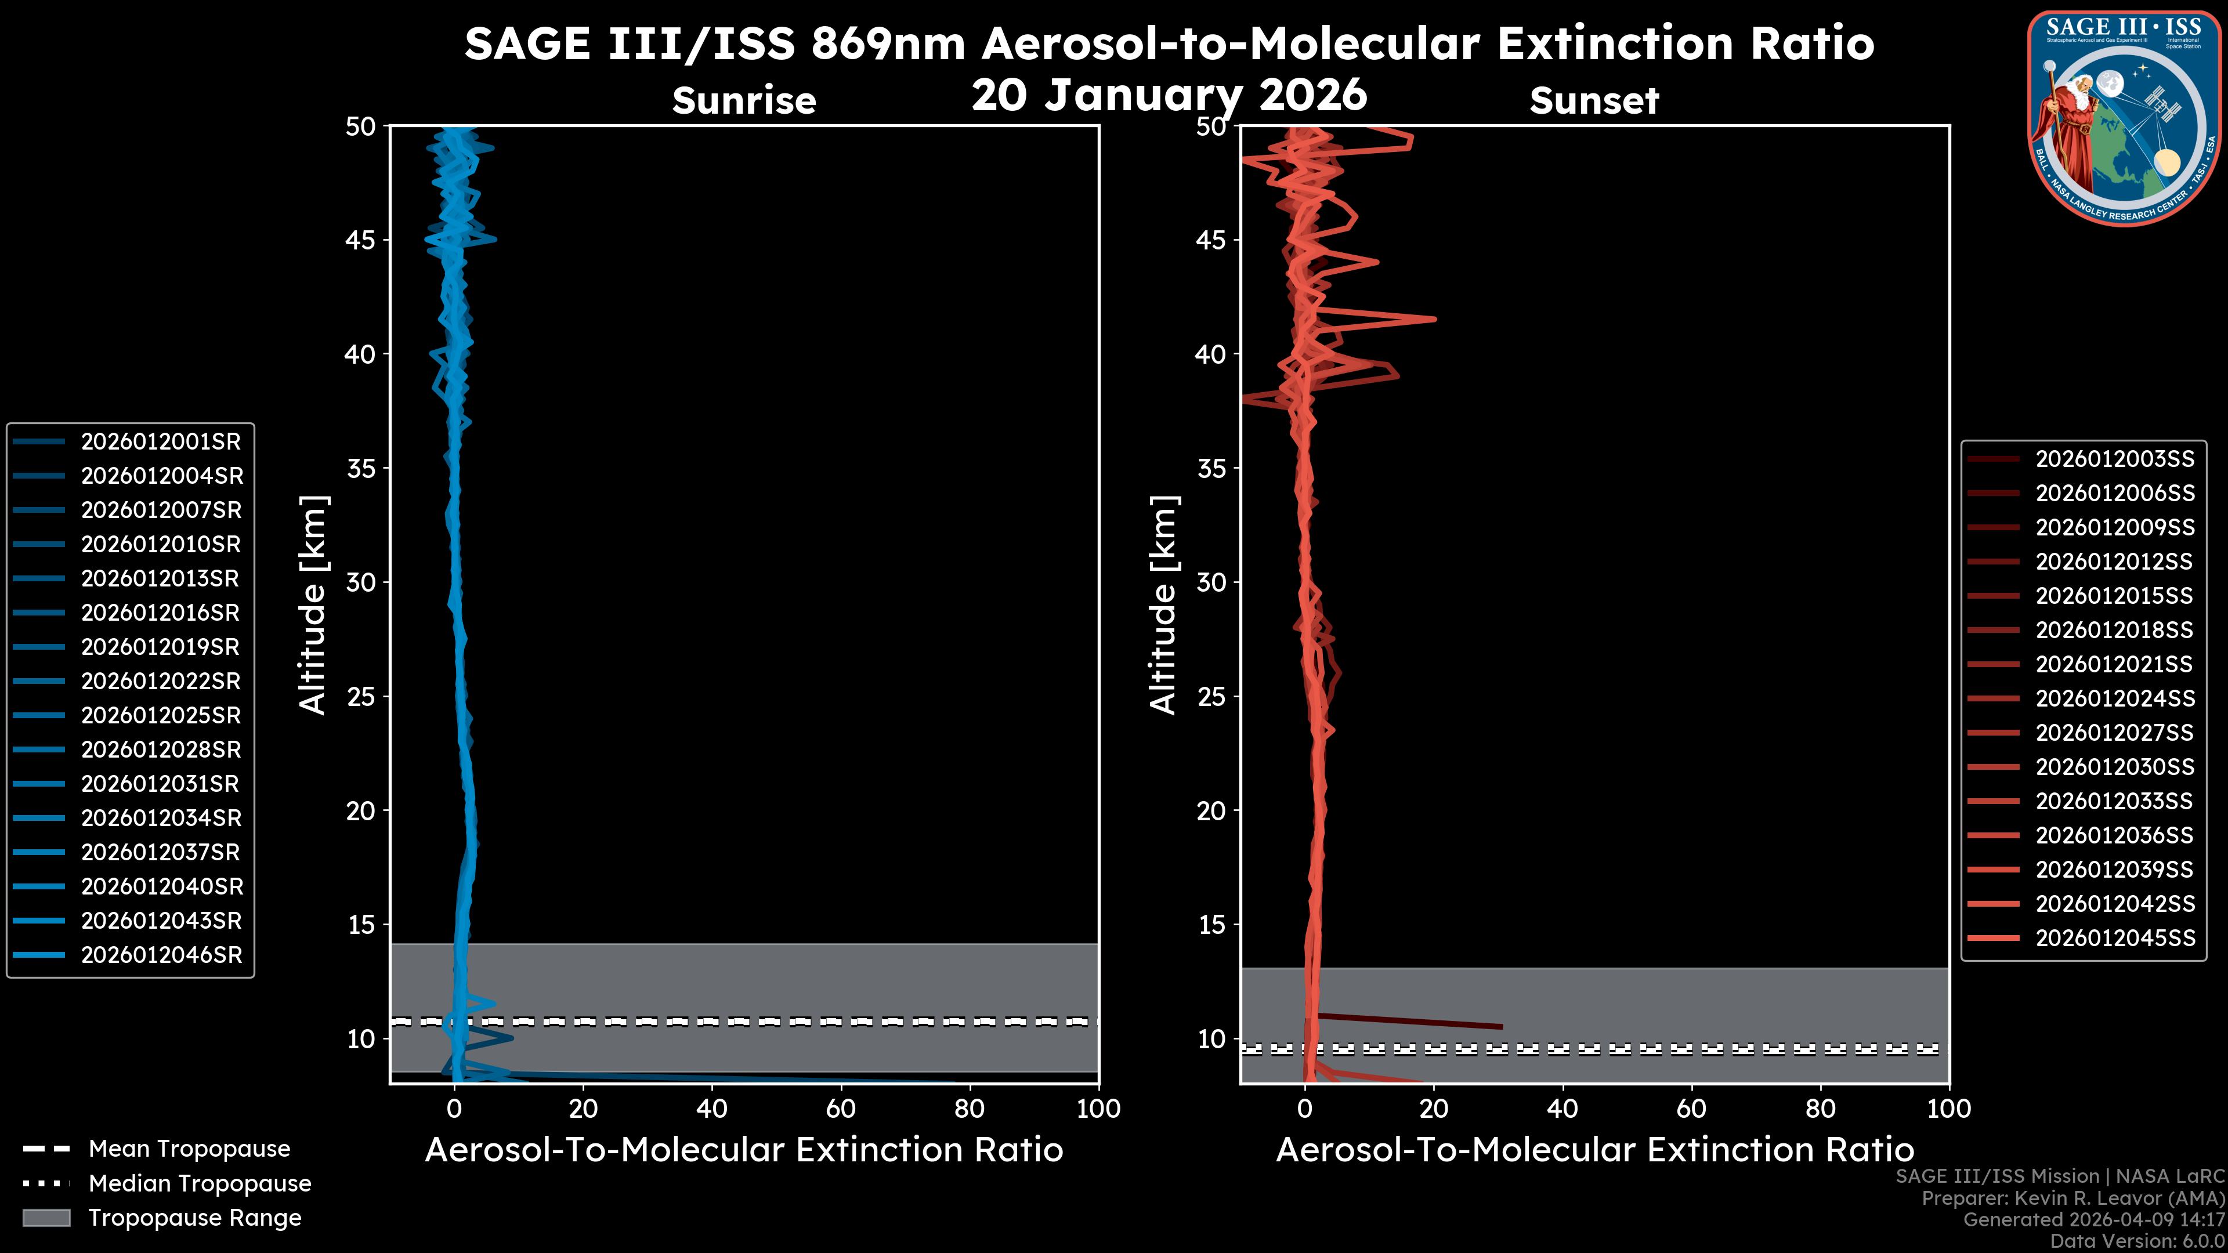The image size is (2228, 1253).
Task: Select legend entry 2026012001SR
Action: tap(160, 442)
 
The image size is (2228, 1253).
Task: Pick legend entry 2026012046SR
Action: tap(161, 955)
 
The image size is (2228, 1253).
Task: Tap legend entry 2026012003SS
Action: tap(2114, 459)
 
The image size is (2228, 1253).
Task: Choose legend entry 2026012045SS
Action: tap(2114, 938)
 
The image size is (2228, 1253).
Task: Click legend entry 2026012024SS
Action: tap(2114, 698)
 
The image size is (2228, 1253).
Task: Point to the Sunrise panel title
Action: tap(744, 100)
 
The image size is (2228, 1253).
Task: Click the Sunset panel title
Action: tap(1594, 100)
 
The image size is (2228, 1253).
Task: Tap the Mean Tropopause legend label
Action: tap(189, 1149)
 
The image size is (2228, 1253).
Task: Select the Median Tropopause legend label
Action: tap(200, 1183)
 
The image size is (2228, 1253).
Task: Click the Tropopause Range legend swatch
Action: tap(46, 1218)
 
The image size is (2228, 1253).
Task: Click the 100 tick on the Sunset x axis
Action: tap(1949, 1109)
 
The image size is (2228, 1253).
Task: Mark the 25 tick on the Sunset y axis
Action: tap(1211, 697)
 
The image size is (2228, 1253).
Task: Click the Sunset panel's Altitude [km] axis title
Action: tap(1163, 604)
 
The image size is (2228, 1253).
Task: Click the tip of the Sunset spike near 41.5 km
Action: tap(1435, 319)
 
